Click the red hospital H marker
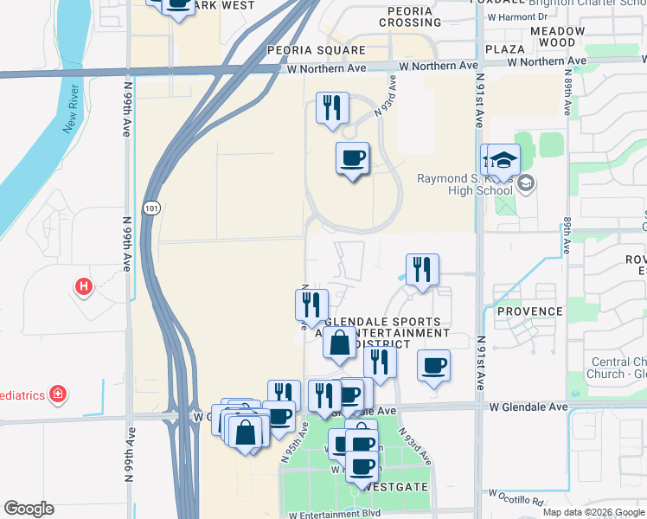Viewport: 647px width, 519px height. point(84,285)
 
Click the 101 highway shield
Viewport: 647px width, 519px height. point(152,208)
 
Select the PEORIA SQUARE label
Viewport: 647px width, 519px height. point(317,51)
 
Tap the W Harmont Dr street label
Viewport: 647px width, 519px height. point(518,16)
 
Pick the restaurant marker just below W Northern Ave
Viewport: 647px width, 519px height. point(332,108)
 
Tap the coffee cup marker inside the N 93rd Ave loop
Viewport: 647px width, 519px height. point(352,158)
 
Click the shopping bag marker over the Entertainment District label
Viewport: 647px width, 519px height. point(340,343)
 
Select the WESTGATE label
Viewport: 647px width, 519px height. point(397,487)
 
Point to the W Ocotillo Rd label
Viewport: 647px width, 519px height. point(516,498)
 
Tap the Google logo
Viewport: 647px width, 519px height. point(29,509)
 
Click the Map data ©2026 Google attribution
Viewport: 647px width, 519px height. point(593,512)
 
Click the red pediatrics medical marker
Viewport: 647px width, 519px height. point(58,394)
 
